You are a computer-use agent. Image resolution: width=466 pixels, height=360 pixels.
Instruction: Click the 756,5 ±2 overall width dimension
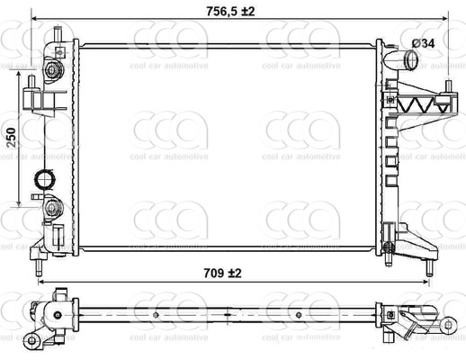pos(218,10)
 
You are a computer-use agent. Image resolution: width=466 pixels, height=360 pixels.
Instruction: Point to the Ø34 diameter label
pos(425,42)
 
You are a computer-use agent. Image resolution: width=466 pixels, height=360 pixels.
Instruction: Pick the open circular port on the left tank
pos(42,180)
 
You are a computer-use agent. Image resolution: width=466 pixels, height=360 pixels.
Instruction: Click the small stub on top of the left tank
pos(58,34)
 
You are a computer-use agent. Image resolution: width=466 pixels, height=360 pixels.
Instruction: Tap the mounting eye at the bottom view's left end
pos(34,337)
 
